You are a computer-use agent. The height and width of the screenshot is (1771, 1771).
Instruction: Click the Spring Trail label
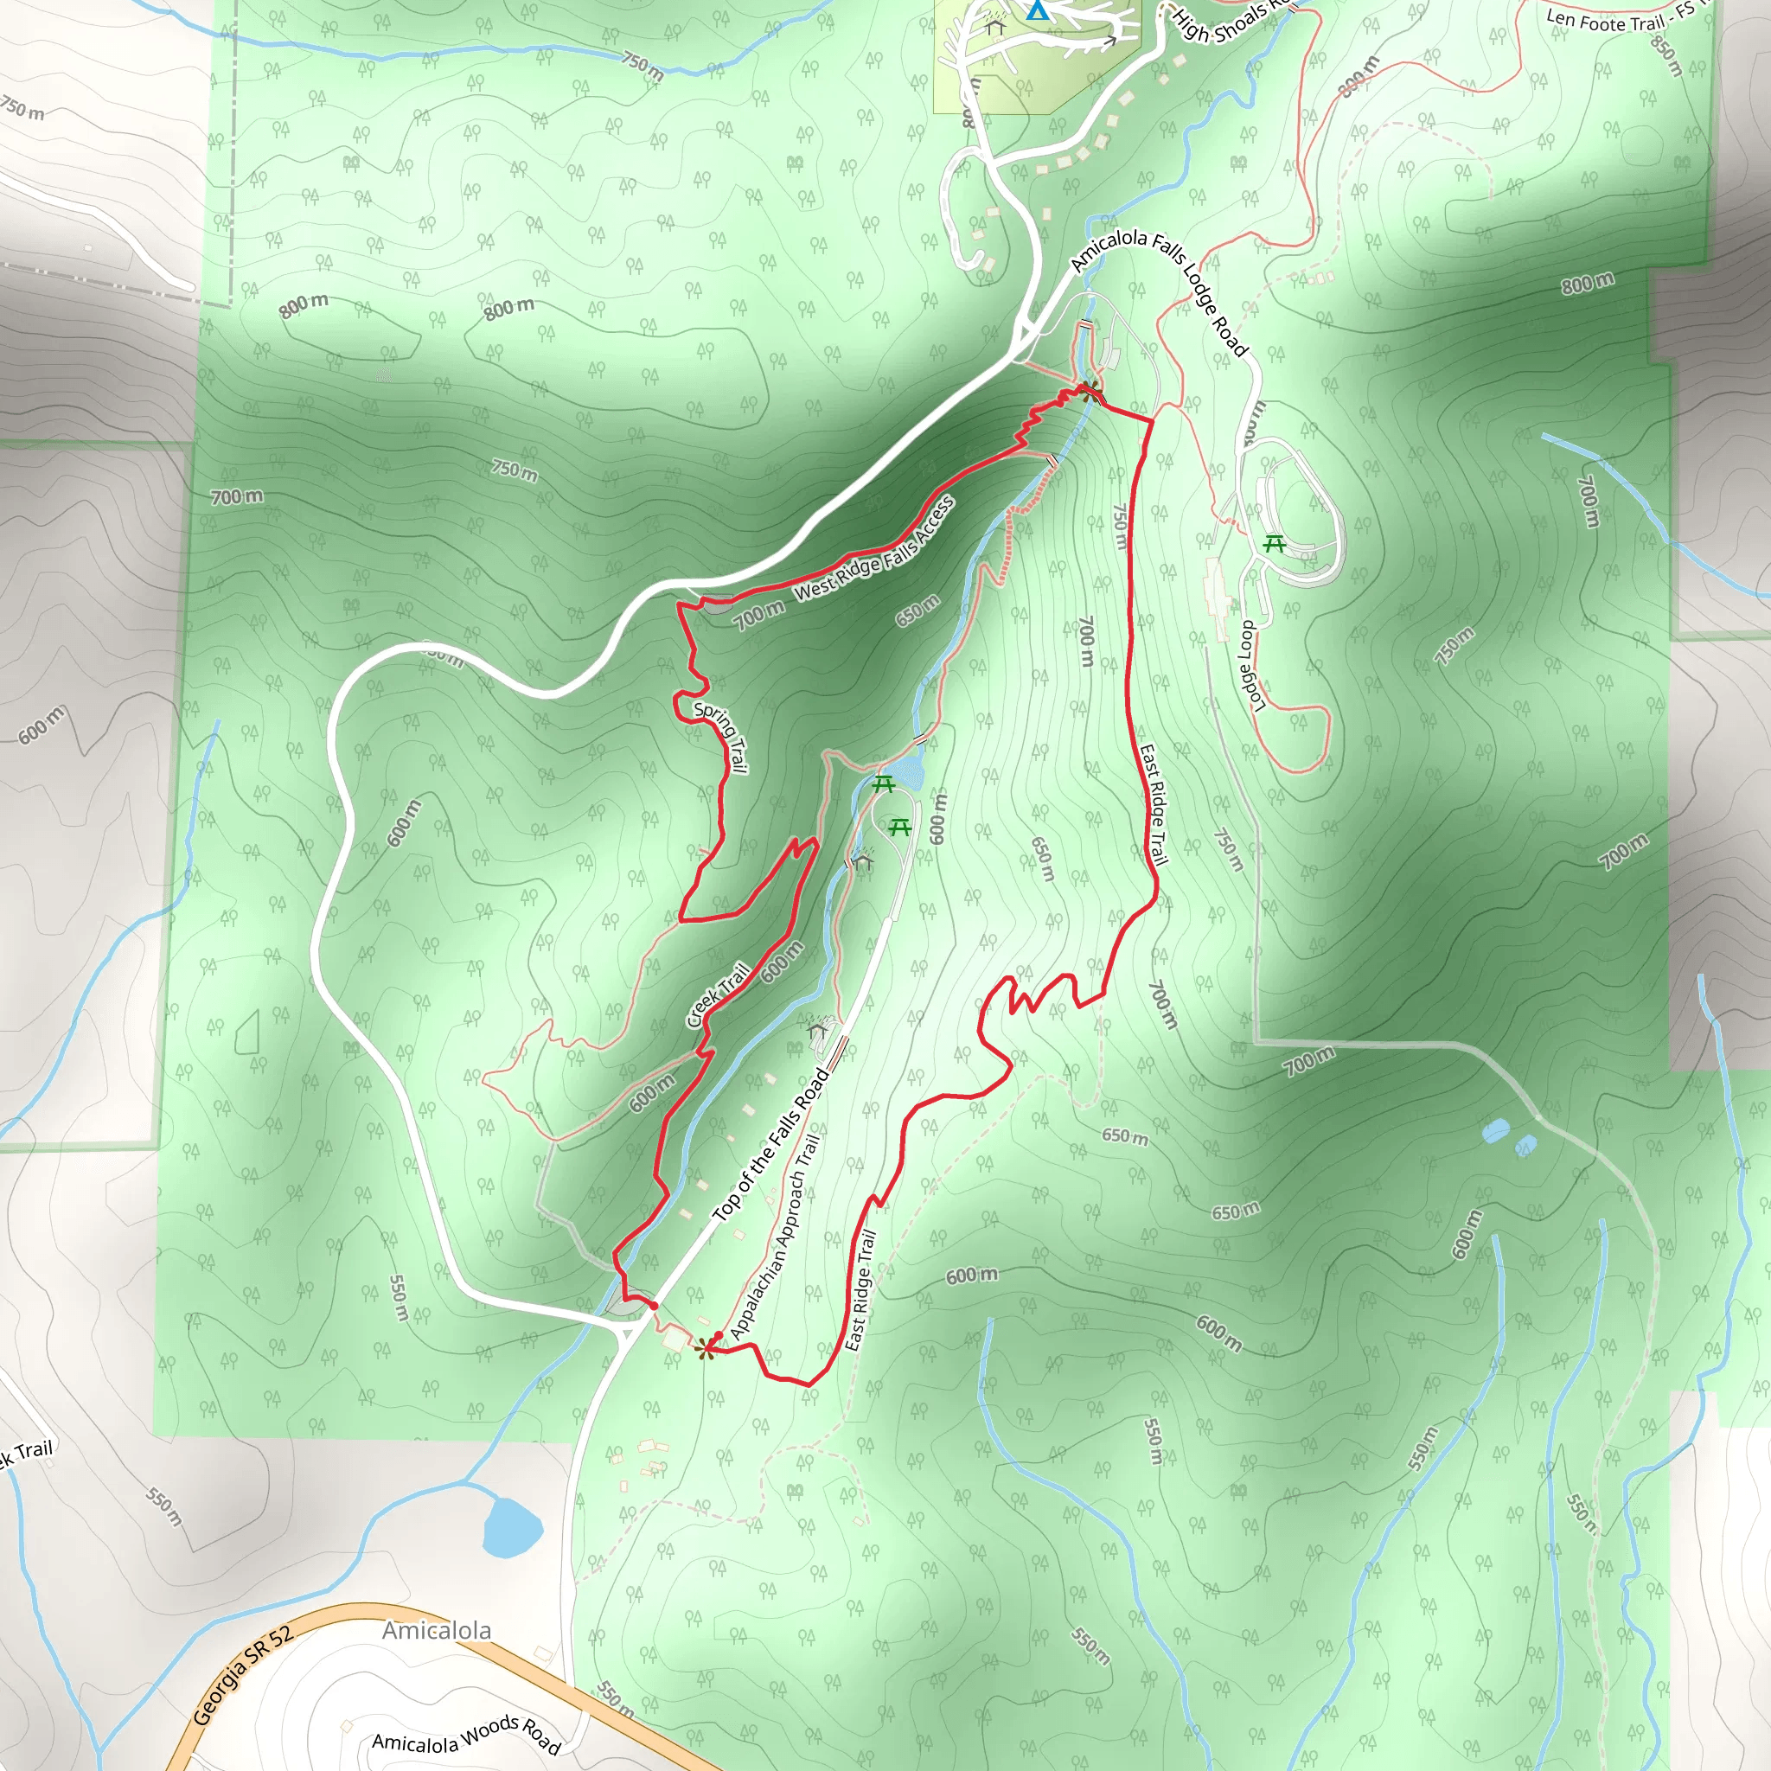coord(722,737)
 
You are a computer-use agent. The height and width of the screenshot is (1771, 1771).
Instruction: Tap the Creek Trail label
coord(719,995)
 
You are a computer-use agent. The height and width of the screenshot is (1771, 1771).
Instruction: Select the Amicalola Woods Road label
coord(466,1735)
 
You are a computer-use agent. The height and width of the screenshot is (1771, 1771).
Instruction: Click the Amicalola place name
coord(437,1630)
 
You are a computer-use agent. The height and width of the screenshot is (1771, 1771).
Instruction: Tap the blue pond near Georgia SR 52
coord(510,1526)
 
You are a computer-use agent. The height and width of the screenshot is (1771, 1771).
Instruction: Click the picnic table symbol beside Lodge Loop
coord(1273,545)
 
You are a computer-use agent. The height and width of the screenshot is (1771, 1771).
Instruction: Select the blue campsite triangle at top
coord(1037,11)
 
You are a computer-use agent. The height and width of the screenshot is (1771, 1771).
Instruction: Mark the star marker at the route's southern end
coord(705,1347)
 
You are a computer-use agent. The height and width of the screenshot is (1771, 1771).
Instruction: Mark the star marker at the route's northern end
coord(1090,392)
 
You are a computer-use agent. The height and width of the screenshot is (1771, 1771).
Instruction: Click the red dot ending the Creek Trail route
coord(654,1305)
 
